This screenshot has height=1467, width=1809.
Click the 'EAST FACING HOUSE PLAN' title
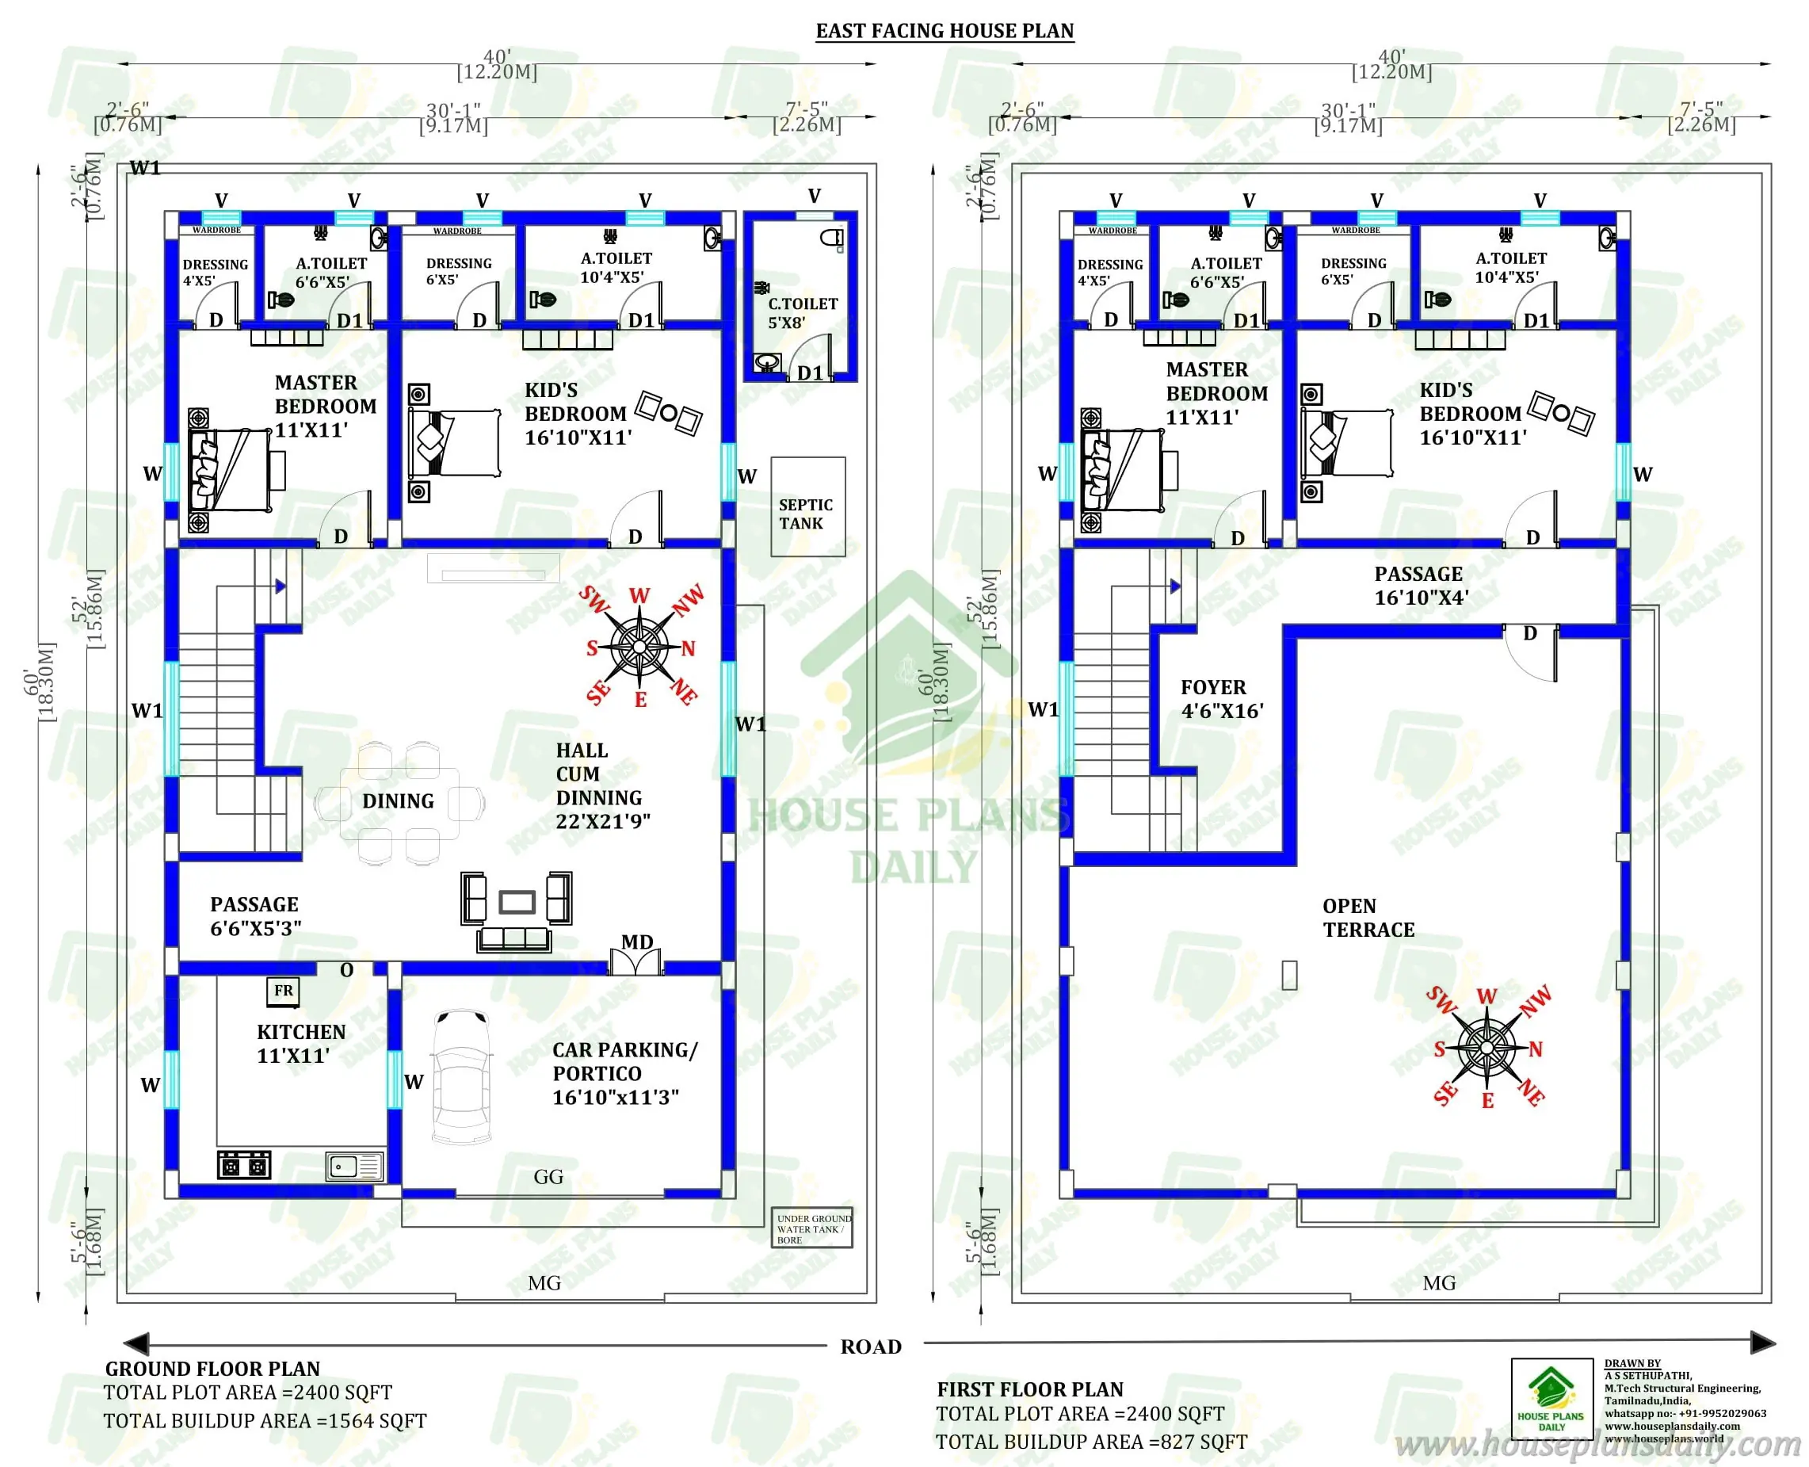[x=944, y=31]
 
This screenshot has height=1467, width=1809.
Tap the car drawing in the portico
[x=461, y=1077]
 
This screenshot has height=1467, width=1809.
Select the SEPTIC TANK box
[x=807, y=507]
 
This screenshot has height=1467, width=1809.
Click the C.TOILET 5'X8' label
[x=801, y=313]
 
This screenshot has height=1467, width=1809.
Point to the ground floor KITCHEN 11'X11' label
[x=301, y=1044]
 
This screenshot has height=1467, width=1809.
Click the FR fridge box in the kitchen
[x=283, y=991]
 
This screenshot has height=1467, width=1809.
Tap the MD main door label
[x=636, y=942]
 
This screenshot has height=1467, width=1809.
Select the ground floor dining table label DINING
[x=398, y=801]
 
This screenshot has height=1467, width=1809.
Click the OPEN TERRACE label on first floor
[x=1367, y=918]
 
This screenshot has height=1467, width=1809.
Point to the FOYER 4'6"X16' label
[x=1221, y=699]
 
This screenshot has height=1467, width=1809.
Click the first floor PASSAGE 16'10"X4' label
[x=1420, y=586]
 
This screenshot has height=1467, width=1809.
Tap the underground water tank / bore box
[x=811, y=1228]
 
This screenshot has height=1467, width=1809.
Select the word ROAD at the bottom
[x=870, y=1347]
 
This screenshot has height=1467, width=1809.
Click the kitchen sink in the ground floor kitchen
[x=355, y=1167]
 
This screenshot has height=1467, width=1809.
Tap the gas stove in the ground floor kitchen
[x=243, y=1166]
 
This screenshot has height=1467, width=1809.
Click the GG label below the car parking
[x=548, y=1177]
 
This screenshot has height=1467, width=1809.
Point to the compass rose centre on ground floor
[x=639, y=648]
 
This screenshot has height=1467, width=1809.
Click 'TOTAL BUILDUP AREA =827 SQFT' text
[x=1091, y=1442]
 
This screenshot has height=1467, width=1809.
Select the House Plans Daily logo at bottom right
[x=1551, y=1399]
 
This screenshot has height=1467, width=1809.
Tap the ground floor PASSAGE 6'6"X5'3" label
[x=254, y=916]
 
